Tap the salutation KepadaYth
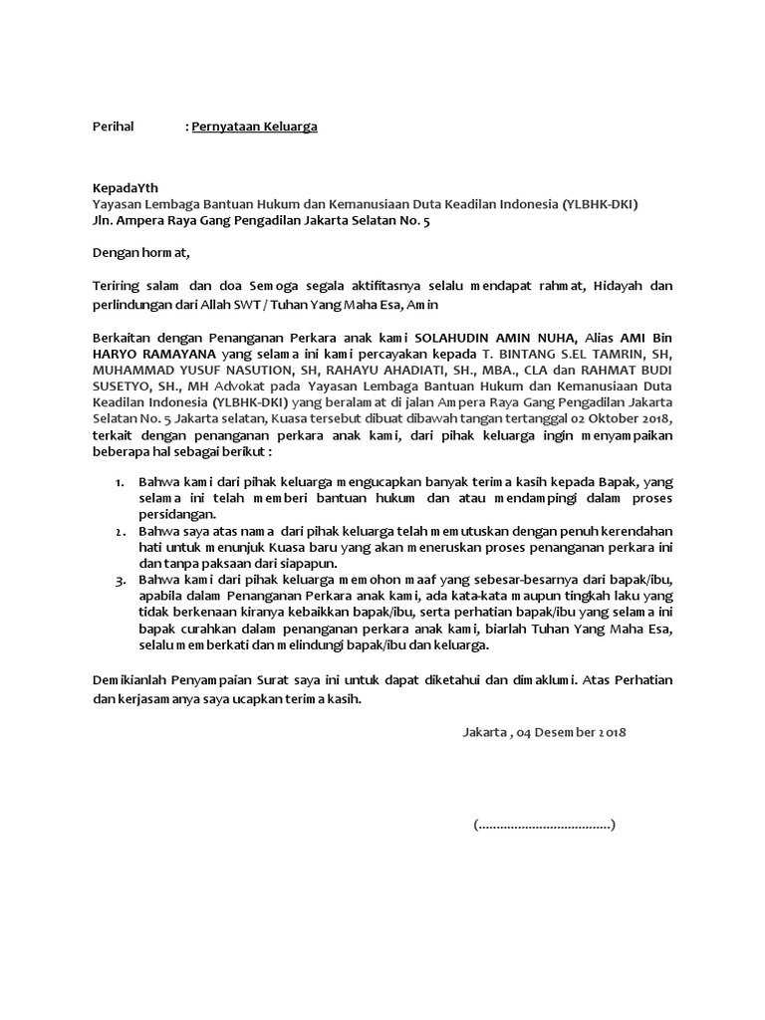(125, 187)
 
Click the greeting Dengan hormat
(139, 253)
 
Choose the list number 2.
(119, 532)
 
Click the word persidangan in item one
(177, 514)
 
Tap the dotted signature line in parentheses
(544, 825)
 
